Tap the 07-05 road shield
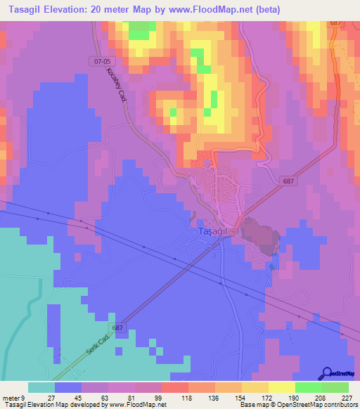[101, 61]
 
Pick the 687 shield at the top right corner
[335, 23]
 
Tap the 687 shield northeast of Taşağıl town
[290, 181]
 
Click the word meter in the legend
[13, 397]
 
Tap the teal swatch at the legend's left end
[41, 387]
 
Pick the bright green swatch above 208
[309, 387]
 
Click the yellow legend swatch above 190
[282, 387]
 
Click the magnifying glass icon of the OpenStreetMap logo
[326, 373]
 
